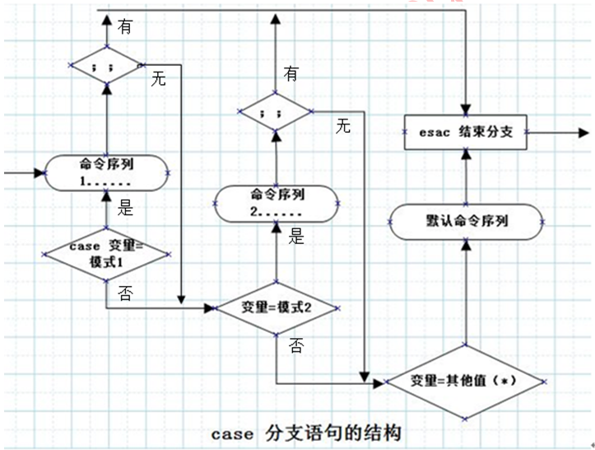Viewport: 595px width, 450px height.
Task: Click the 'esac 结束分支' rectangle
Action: click(x=466, y=132)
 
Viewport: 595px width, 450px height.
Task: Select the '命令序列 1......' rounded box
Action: click(x=106, y=173)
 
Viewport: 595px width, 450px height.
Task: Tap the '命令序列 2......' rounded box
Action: click(x=277, y=204)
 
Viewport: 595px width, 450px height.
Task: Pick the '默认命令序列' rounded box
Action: click(x=467, y=222)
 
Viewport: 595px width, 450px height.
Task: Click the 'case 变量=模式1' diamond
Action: click(x=106, y=255)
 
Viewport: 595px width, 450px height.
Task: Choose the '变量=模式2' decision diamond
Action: click(x=277, y=308)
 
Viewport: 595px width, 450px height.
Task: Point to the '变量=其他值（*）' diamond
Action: click(x=466, y=382)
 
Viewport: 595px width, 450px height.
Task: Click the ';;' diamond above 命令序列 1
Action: click(x=107, y=65)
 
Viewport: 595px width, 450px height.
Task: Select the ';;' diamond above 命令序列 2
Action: click(x=276, y=111)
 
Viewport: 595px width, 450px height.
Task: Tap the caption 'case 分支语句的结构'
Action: click(x=306, y=434)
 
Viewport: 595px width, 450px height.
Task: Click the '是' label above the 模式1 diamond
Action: click(x=125, y=208)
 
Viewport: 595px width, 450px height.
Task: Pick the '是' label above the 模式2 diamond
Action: click(x=296, y=236)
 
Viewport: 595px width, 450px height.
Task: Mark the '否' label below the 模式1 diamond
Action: click(x=125, y=293)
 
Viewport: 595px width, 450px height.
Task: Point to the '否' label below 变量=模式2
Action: click(x=296, y=345)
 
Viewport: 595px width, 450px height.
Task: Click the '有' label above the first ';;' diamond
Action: click(x=125, y=26)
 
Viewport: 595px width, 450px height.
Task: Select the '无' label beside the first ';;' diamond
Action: click(x=158, y=78)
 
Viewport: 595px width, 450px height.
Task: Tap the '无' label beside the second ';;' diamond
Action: click(x=342, y=126)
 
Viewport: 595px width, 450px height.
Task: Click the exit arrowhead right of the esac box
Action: click(x=583, y=133)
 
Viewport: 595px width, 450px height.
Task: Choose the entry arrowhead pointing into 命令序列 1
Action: click(x=40, y=173)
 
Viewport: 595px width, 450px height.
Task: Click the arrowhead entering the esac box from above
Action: click(x=466, y=110)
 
